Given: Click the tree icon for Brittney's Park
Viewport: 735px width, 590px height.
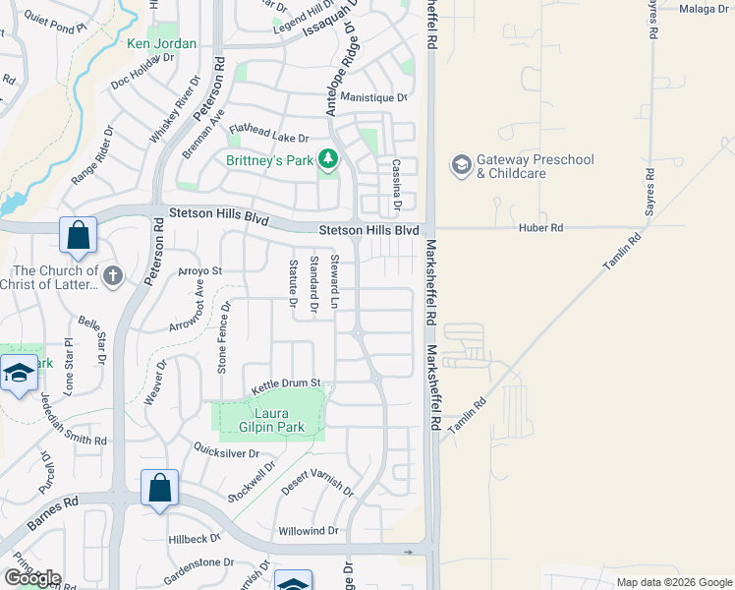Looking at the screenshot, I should [328, 159].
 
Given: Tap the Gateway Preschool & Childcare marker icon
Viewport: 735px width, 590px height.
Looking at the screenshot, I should [461, 165].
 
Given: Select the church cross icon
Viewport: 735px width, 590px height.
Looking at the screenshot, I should [112, 276].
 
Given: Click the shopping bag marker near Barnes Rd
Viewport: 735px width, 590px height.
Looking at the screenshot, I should [159, 489].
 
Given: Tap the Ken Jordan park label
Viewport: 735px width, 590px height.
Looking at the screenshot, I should [162, 43].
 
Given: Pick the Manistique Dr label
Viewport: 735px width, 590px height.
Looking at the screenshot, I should [373, 97].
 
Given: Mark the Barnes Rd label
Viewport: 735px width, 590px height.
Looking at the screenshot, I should [52, 514].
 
